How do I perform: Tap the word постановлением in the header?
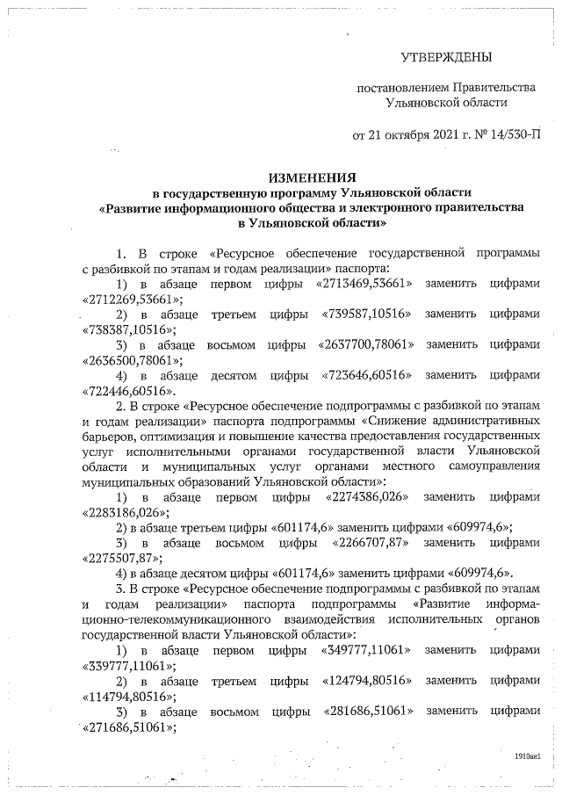(x=401, y=89)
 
